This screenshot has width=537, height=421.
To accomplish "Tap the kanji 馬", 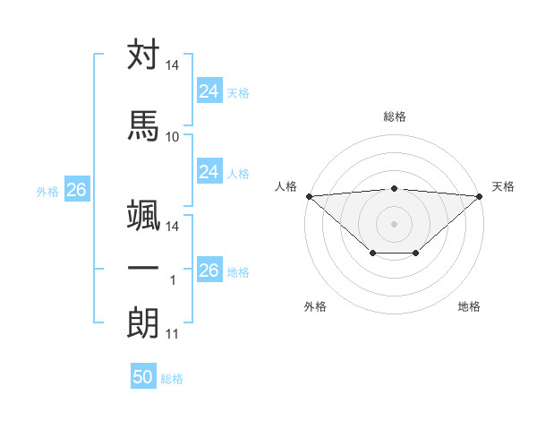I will tap(143, 125).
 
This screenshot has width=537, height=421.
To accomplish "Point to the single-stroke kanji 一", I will tap(143, 268).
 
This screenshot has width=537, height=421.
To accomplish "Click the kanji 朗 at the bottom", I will tap(143, 322).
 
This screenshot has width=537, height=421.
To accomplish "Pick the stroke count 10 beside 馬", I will tap(173, 136).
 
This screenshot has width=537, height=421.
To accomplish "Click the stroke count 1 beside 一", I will tap(173, 280).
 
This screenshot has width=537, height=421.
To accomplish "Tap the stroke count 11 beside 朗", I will tap(173, 334).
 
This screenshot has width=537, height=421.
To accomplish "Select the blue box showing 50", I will tap(143, 377).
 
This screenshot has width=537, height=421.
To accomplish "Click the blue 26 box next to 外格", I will tap(76, 190).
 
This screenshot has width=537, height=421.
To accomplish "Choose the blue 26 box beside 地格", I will tap(209, 271).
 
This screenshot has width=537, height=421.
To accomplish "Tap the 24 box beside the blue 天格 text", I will tap(209, 91).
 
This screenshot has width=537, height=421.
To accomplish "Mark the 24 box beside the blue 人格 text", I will tap(209, 172).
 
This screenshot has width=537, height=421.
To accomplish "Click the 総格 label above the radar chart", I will tap(395, 116).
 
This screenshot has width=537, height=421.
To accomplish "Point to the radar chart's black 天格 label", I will tap(504, 186).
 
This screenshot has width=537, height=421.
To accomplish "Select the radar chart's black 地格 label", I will tap(469, 306).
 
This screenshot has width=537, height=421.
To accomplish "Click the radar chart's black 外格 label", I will tap(315, 306).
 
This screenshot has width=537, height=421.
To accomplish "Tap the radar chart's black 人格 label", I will tap(286, 186).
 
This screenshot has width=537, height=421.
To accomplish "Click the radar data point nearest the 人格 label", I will tap(309, 195).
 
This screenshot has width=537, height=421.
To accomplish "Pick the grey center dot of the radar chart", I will tap(395, 223).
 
